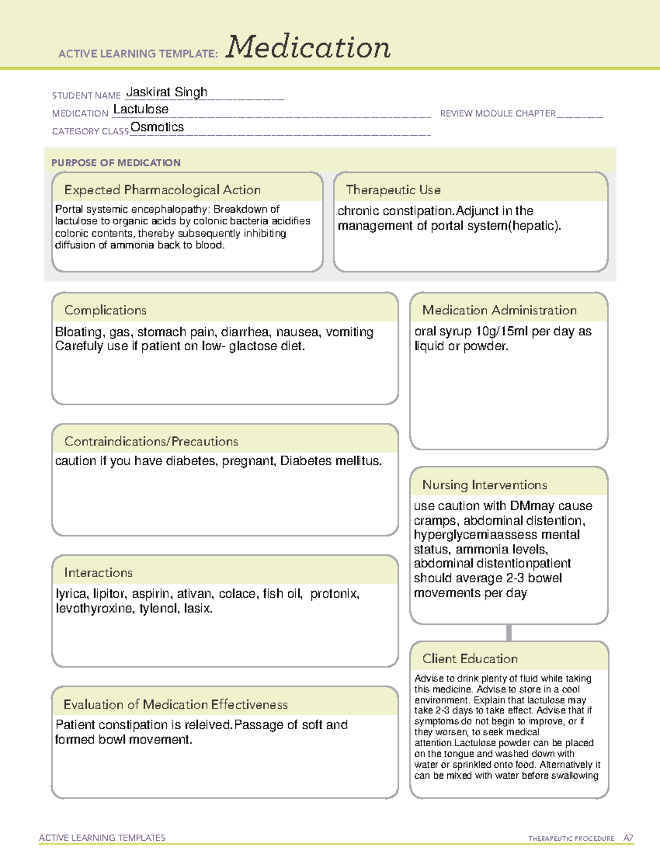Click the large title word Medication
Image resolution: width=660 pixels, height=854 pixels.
point(308,47)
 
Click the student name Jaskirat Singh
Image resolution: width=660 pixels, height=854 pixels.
point(167,92)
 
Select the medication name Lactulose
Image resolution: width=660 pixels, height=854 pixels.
point(141,109)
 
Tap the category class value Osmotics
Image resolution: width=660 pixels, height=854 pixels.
point(157,127)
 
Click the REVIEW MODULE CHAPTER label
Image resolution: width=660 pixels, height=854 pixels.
point(498,113)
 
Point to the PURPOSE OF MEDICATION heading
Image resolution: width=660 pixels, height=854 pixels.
point(116,163)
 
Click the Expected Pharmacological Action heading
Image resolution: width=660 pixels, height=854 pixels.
point(162,190)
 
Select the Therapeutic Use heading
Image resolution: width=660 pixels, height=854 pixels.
point(393,190)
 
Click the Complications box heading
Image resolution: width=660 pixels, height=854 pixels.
point(106,310)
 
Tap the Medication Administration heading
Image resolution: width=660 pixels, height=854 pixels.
point(499,310)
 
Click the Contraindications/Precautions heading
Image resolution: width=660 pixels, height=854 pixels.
point(151,442)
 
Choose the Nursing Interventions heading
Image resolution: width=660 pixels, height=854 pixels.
point(485,485)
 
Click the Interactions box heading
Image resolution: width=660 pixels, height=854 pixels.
point(98,573)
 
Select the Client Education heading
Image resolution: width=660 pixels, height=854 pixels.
point(470,659)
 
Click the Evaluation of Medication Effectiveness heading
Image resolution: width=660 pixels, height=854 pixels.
point(175,704)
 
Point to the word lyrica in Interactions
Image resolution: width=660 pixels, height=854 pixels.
point(71,594)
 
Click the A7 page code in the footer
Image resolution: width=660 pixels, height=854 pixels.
point(628,838)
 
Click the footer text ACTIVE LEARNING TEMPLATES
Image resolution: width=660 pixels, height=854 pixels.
point(102,838)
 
